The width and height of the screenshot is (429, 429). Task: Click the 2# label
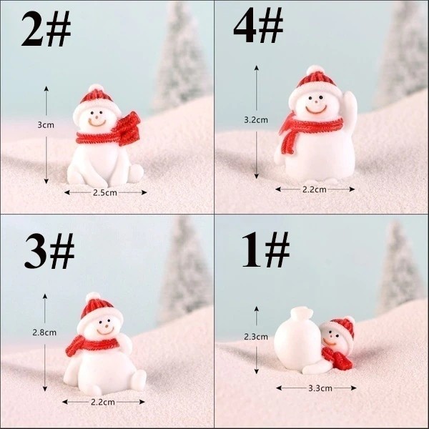[x=46, y=29]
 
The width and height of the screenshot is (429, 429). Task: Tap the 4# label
[x=258, y=25]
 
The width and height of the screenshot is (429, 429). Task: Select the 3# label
[x=49, y=251]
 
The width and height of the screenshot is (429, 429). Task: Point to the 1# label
[x=265, y=250]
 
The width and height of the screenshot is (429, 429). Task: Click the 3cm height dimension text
[x=46, y=125]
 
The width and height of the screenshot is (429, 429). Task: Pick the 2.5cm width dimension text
[x=105, y=192]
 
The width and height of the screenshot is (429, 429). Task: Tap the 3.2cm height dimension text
[x=256, y=120]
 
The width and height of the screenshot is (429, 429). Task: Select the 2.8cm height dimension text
[x=44, y=332]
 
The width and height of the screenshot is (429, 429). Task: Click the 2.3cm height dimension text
[x=256, y=337]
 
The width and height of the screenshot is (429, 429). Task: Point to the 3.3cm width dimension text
[x=320, y=388]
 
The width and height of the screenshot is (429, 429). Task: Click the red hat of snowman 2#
[x=96, y=97]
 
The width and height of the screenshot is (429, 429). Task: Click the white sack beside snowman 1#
[x=298, y=339]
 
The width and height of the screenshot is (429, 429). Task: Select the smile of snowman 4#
[x=316, y=110]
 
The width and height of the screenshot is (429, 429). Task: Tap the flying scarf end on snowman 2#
[x=129, y=128]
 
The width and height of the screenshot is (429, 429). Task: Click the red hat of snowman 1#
[x=343, y=327]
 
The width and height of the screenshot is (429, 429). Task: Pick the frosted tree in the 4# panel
[x=401, y=52]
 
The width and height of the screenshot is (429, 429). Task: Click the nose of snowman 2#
[x=97, y=118]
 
